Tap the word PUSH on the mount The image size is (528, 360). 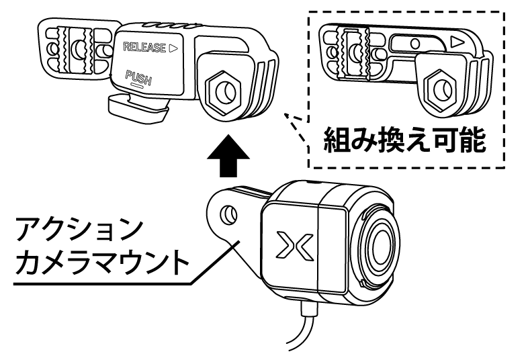(x=138, y=79)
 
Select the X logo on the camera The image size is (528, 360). (x=293, y=243)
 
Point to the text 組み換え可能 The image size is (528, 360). (x=403, y=142)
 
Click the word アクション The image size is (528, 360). (x=79, y=230)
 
